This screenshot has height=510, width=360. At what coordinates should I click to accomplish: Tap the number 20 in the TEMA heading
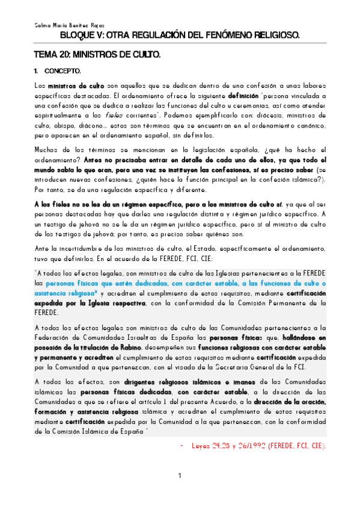pos(64,55)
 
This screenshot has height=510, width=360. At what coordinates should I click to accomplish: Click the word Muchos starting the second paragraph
pos(47,150)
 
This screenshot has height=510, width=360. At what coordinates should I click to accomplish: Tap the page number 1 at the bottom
pos(180,476)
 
